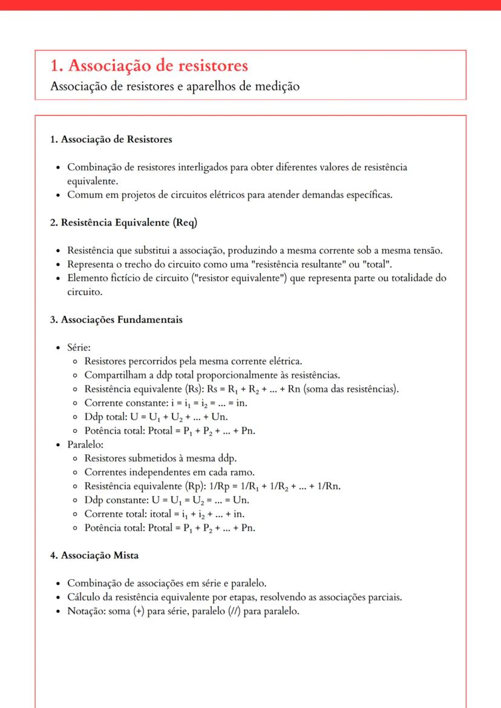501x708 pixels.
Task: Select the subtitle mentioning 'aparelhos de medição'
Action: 175,86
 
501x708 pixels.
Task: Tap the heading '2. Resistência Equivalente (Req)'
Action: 123,222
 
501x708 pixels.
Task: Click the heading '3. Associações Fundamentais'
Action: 116,320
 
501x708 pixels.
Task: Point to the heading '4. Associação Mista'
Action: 99,555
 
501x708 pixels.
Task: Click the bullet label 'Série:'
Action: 79,348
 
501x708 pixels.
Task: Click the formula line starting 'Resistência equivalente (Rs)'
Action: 241,388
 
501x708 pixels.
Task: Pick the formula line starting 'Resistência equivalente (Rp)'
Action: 212,486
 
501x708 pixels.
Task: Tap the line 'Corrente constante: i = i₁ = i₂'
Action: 166,402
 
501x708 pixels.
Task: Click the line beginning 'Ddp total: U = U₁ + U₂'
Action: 160,417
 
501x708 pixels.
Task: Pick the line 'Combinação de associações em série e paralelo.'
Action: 166,583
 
